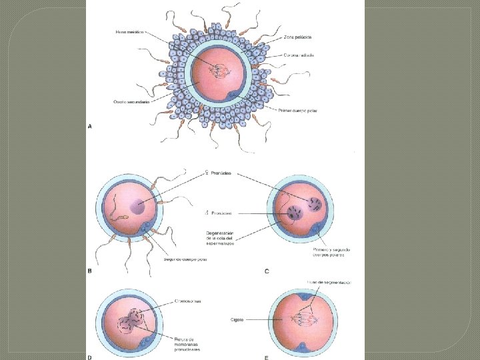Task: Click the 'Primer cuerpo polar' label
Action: (x=298, y=111)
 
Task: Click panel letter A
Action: (x=90, y=125)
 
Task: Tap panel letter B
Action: (x=90, y=271)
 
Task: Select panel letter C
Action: (x=267, y=271)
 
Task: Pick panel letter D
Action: (x=90, y=357)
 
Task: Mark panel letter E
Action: (x=267, y=357)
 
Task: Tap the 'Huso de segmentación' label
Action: (x=328, y=283)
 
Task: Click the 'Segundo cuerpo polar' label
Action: (x=185, y=259)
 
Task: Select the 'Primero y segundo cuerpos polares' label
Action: (x=332, y=253)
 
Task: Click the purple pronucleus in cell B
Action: (x=139, y=207)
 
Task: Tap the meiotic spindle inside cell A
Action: (x=217, y=68)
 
